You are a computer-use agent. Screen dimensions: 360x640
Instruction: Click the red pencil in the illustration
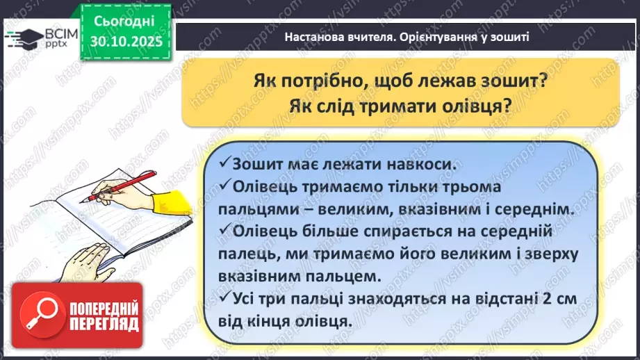[118, 186]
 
